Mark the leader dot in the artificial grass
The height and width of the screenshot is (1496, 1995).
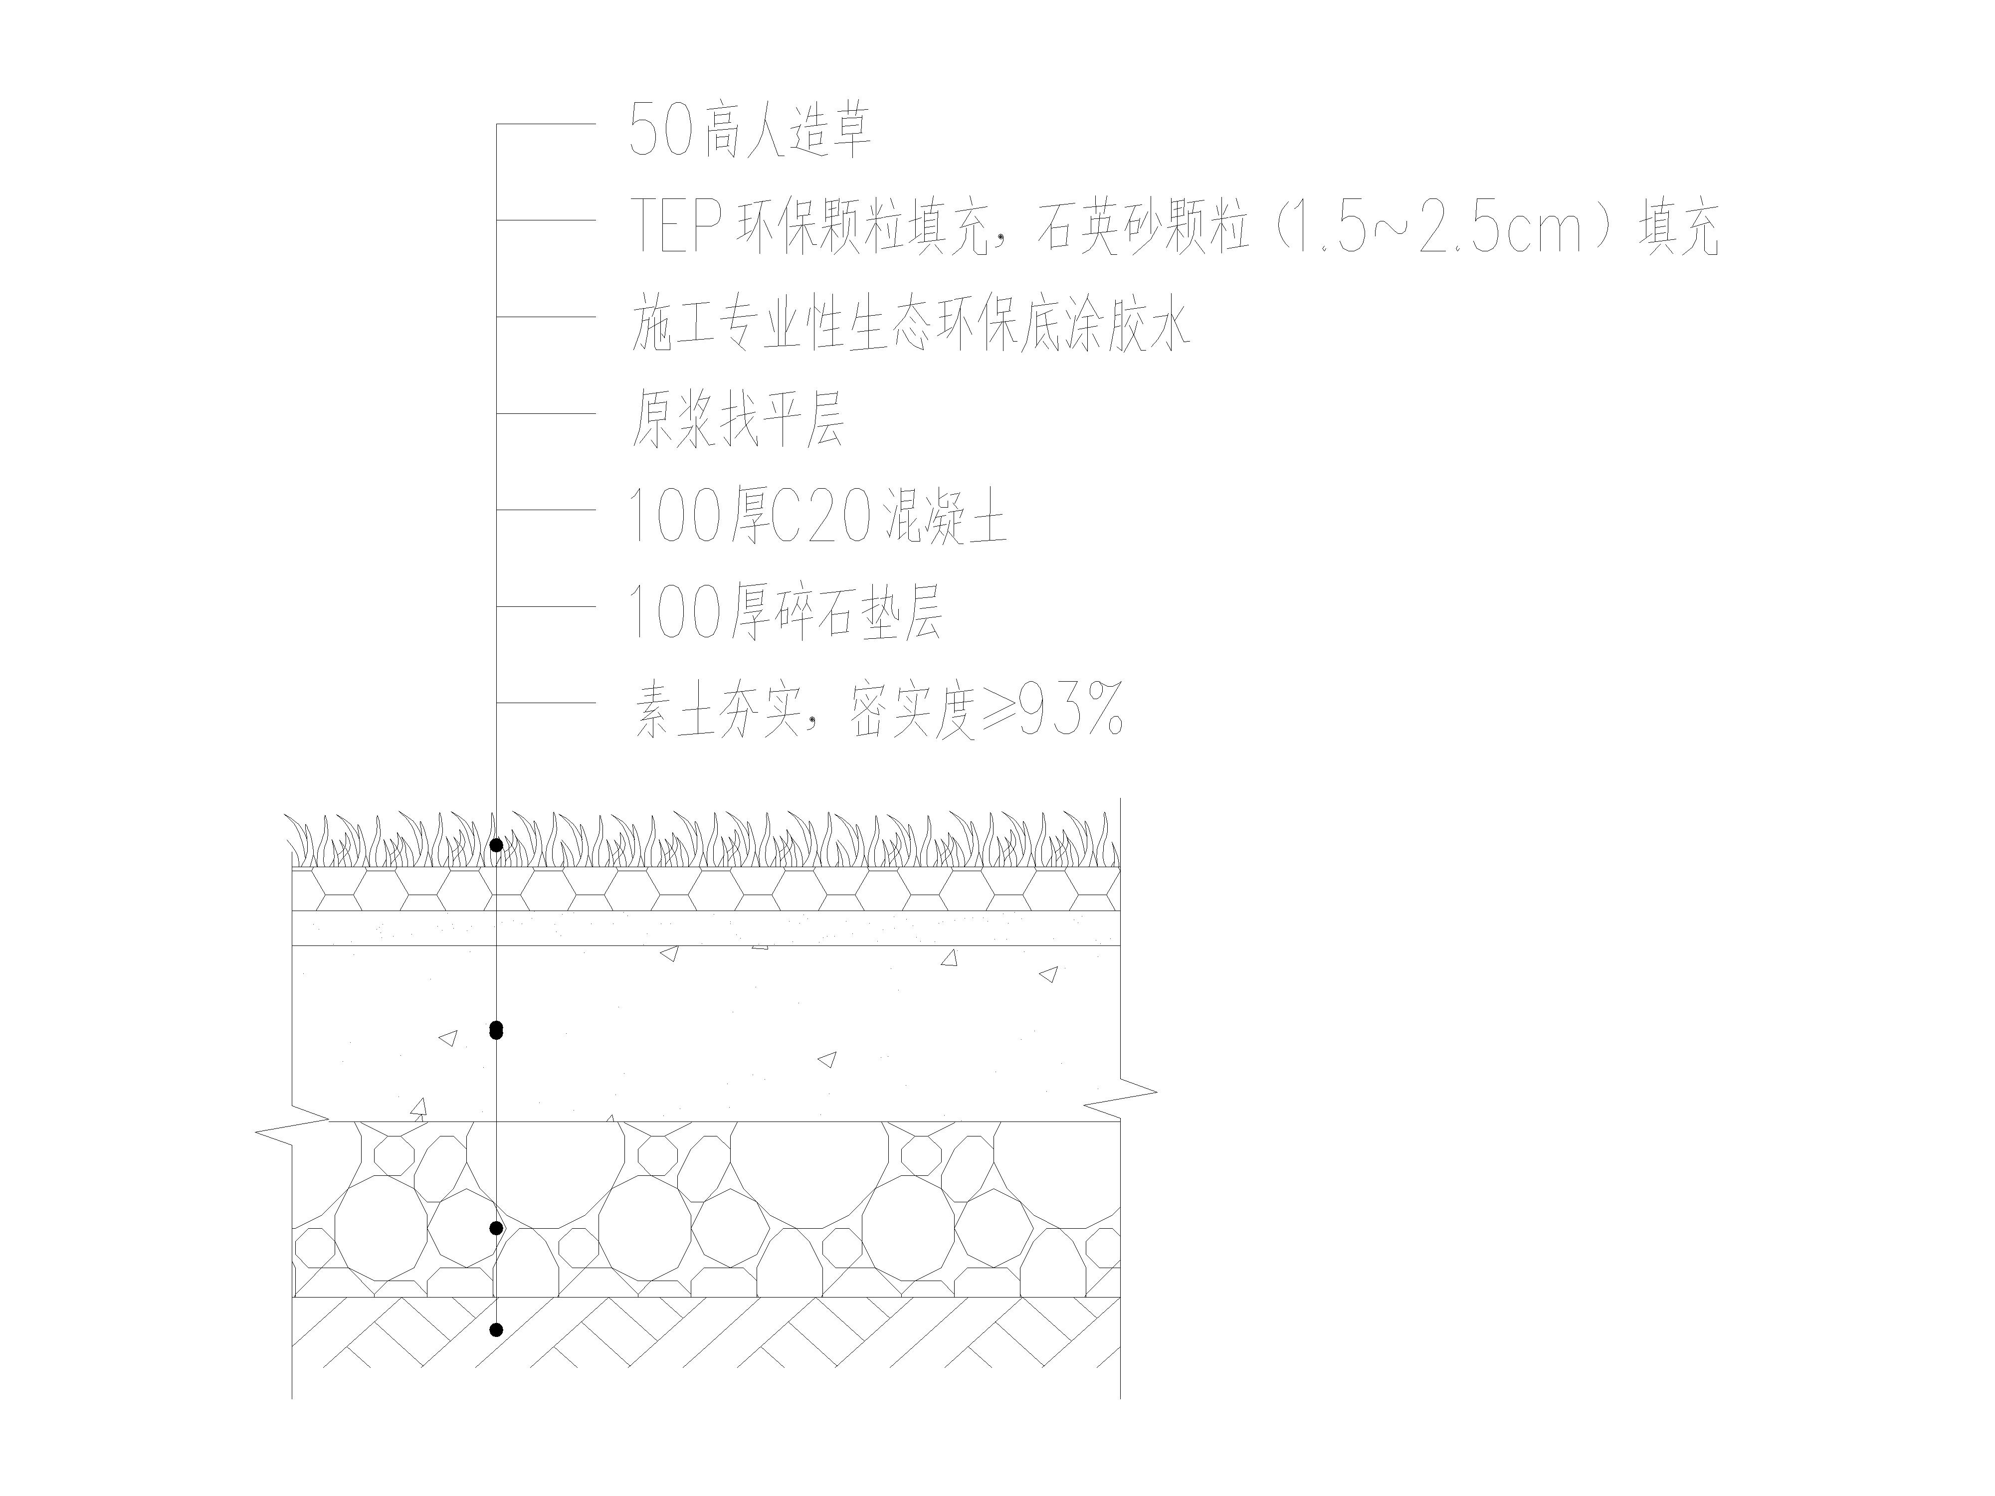pos(496,845)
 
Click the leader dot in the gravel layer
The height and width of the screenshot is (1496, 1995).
pos(496,1227)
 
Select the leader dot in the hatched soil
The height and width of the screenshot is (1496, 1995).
pos(496,1329)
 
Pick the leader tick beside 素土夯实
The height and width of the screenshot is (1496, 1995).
pos(546,703)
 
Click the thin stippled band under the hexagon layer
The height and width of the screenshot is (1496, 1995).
pos(706,928)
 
